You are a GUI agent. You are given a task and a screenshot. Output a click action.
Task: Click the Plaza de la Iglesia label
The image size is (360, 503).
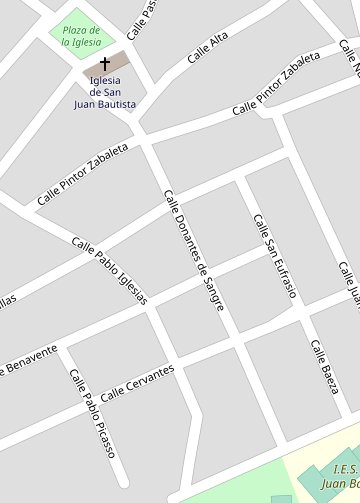[82, 36]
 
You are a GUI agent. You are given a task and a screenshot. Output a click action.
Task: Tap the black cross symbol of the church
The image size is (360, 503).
[105, 63]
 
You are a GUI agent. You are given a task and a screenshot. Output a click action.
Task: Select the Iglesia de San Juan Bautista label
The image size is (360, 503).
[105, 92]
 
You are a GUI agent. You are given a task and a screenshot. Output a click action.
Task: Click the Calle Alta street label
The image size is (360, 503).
[207, 48]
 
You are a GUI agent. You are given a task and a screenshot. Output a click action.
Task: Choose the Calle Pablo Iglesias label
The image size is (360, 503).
[110, 271]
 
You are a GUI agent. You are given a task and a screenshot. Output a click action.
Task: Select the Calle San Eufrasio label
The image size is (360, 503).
[274, 257]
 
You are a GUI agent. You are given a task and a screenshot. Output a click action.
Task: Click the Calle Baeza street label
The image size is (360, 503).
[324, 365]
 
